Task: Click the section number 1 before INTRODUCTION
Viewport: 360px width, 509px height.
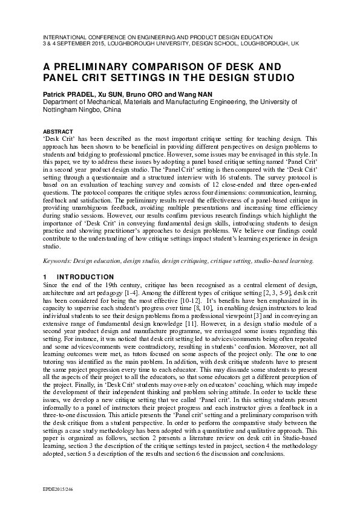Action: [x=45, y=277]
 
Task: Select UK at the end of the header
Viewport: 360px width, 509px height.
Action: [x=295, y=44]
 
